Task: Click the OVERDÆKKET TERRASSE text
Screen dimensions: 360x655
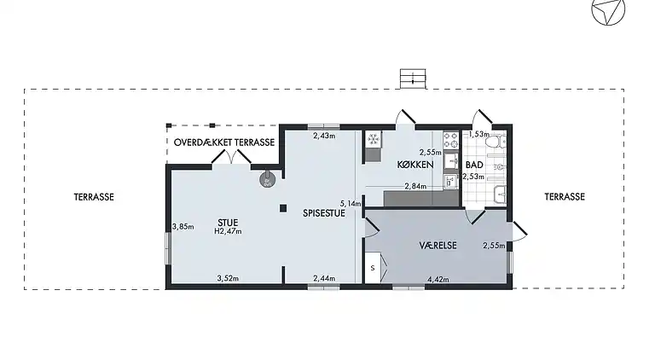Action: [224, 142]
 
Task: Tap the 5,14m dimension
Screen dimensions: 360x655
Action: [351, 204]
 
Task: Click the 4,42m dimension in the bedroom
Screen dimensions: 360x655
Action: [437, 278]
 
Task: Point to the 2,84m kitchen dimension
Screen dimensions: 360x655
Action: [415, 186]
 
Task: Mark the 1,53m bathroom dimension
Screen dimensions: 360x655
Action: [479, 134]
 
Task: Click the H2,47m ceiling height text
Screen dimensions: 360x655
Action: [228, 231]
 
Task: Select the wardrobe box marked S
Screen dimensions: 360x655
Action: [373, 269]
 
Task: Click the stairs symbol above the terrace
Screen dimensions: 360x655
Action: [413, 78]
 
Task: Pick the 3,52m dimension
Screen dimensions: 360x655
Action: [227, 278]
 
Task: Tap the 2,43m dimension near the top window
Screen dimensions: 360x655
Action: [323, 136]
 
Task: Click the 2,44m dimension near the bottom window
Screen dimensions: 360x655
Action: [324, 278]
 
